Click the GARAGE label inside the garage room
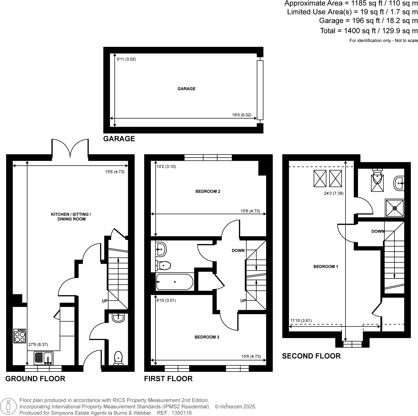pos(186,89)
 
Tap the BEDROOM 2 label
pos(208,191)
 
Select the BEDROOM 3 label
pos(207,337)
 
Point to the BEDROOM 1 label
pos(326,267)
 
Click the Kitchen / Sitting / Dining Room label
pos(71,217)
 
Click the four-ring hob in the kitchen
pos(20,336)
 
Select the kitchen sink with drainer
pos(44,358)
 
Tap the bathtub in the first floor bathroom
pos(175,282)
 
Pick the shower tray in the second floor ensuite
pos(394,208)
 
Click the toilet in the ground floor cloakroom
pos(118,358)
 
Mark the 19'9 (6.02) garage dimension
pos(241,115)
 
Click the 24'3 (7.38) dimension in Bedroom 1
pos(334,193)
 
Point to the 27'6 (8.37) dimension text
pos(38,344)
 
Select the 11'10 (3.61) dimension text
pos(301,321)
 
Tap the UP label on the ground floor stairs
pos(105,301)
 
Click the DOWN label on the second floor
pos(378,231)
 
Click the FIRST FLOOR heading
pos(168,379)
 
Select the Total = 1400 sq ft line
pos(369,31)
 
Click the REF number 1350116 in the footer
pos(182,413)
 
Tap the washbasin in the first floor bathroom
pos(161,248)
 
